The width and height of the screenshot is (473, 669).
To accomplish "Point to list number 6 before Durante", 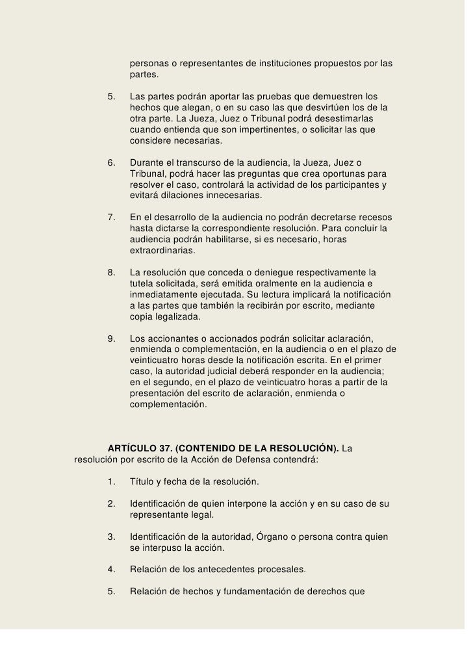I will pos(111,162).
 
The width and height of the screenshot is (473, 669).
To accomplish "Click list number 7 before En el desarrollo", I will pos(111,216).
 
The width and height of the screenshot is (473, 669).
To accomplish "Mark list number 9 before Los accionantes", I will pos(111,338).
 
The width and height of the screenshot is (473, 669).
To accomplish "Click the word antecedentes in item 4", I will pos(224,570).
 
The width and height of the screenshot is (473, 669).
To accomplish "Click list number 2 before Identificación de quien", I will pos(111,504).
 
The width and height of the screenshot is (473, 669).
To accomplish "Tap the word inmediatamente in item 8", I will pos(164,295).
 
